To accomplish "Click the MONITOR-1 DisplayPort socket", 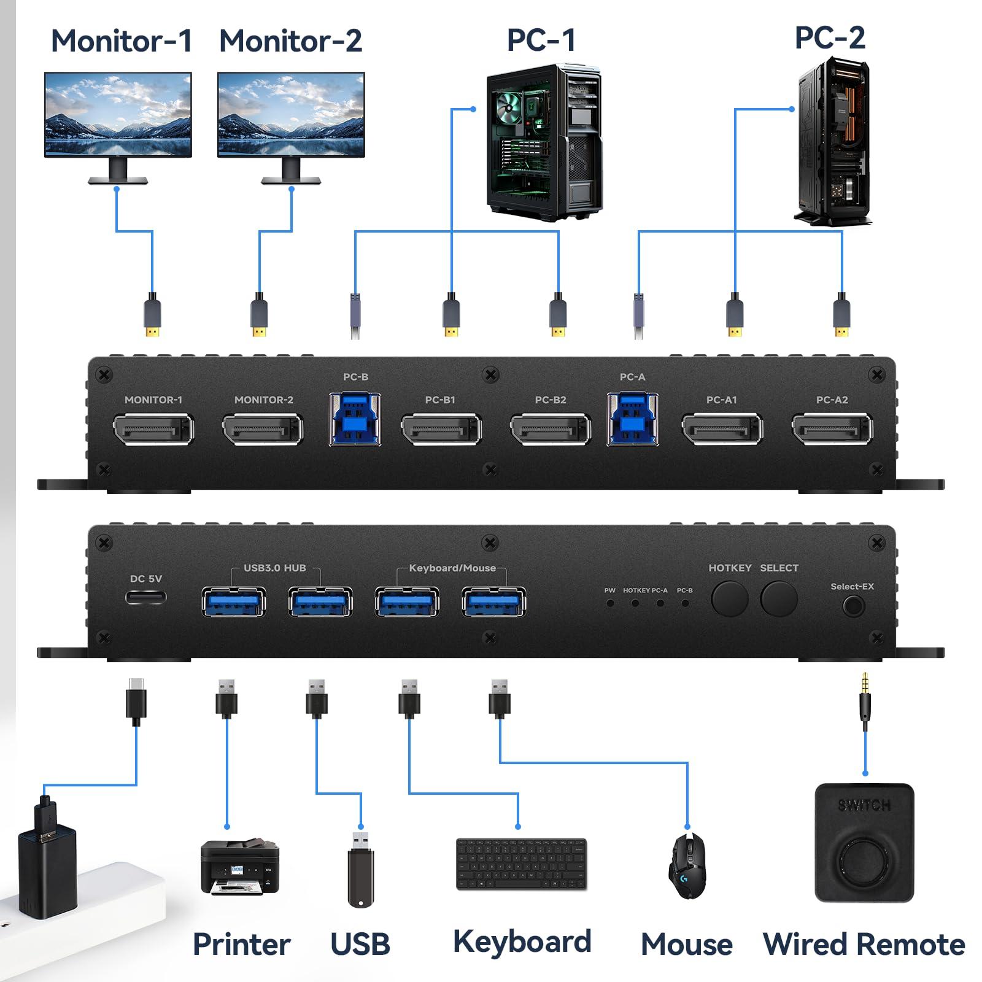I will pos(153,429).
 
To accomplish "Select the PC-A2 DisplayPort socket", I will pos(832,429).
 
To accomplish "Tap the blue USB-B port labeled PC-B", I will pos(355,419).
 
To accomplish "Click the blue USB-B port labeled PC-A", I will pos(633,419).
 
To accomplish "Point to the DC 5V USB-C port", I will pos(146,597).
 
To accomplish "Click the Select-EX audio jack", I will pos(853,606).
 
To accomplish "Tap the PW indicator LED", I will pos(610,603).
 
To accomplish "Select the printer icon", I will pos(240,867).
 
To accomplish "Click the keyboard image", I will pos(522,864).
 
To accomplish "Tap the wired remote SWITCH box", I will pos(864,843).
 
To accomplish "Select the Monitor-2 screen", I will pos(291,115).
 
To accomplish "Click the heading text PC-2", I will pos(830,38).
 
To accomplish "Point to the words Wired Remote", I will pos(864,944).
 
